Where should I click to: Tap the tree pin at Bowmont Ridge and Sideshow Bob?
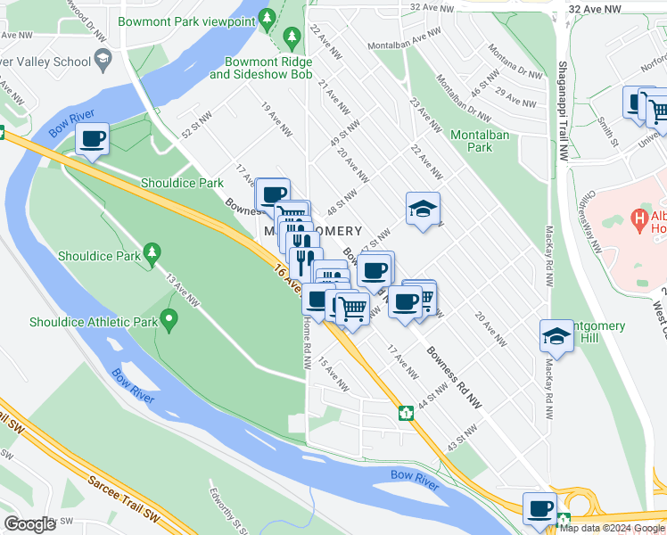(x=291, y=37)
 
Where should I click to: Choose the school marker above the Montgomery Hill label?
(x=556, y=337)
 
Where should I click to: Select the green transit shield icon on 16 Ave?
(x=405, y=412)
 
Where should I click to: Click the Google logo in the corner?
(x=30, y=524)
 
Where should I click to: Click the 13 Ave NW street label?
(x=186, y=292)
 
